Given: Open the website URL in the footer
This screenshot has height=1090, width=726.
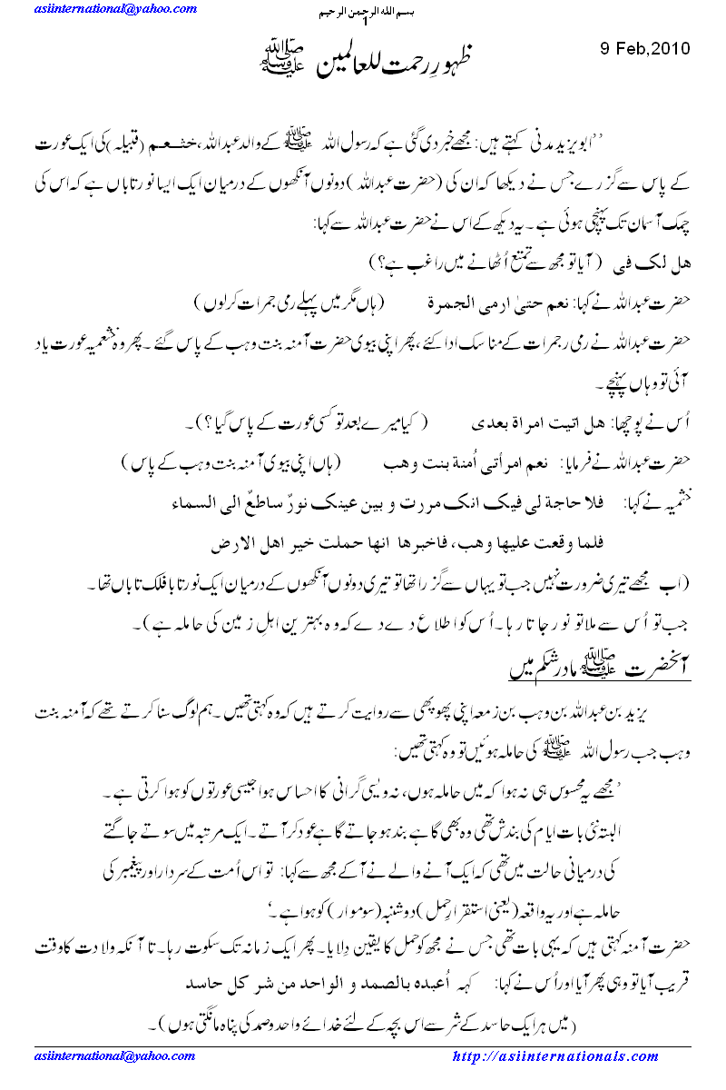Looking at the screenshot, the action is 554,1056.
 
